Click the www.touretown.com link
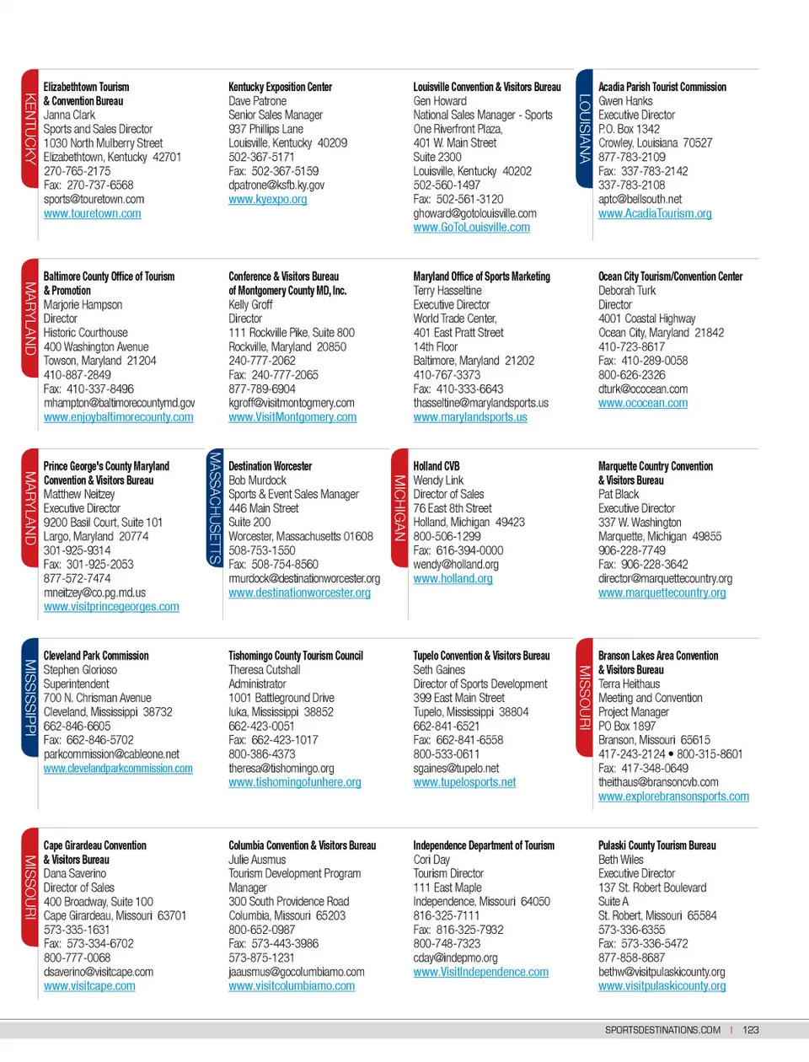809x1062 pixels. (x=93, y=214)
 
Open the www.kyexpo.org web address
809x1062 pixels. (x=267, y=200)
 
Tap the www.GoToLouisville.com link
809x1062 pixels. (x=471, y=228)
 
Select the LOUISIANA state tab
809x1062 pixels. (x=584, y=129)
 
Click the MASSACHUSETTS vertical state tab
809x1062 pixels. (x=215, y=507)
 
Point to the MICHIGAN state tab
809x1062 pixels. (x=399, y=507)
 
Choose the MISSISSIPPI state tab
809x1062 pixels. (x=29, y=697)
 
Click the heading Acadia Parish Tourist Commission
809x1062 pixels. (x=662, y=87)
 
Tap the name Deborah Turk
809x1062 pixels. (x=626, y=291)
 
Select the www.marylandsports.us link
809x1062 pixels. (x=469, y=417)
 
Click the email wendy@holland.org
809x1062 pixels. (x=455, y=565)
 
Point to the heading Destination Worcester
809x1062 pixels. (x=270, y=466)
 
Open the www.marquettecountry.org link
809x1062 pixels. (x=662, y=593)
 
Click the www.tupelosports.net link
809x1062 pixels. (x=464, y=783)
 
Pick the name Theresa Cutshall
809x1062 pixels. (x=264, y=670)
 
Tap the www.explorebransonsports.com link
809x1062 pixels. (x=673, y=796)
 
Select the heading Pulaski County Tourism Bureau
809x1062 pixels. (x=656, y=845)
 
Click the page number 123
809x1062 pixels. (x=751, y=1030)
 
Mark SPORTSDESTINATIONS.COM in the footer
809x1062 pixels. (x=662, y=1030)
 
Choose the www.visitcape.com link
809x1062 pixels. (x=89, y=986)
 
